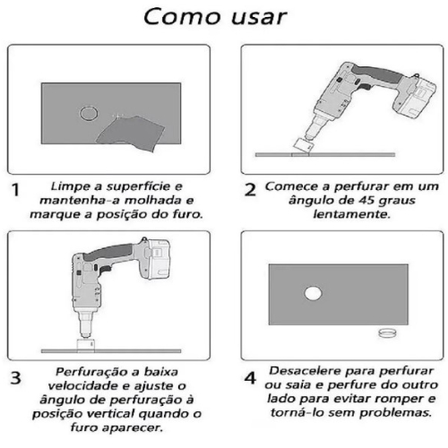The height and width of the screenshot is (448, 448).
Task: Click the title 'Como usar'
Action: click(x=215, y=16)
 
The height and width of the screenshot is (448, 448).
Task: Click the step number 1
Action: click(x=15, y=190)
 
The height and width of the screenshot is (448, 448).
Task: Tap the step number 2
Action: click(x=250, y=190)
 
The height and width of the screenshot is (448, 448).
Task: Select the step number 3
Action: click(x=16, y=378)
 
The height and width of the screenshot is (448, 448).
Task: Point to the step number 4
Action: click(x=250, y=378)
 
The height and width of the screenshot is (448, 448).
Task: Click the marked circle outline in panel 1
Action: click(x=80, y=114)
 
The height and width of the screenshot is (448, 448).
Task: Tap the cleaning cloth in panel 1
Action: click(x=132, y=133)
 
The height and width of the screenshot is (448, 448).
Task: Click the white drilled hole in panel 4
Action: click(x=313, y=293)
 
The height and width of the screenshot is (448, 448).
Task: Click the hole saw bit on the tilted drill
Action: click(x=303, y=147)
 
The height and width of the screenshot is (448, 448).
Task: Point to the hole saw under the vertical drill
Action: click(x=86, y=346)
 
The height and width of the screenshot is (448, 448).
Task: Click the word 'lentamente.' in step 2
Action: click(x=352, y=214)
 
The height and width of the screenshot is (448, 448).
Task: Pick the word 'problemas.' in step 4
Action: click(x=395, y=413)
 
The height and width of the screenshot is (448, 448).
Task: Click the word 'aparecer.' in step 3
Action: click(x=133, y=427)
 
